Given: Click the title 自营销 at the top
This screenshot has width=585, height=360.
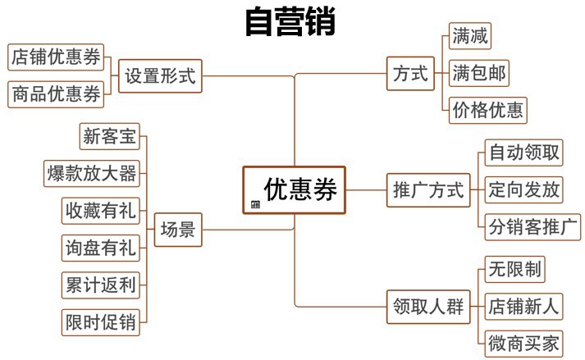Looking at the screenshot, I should pyautogui.click(x=290, y=22).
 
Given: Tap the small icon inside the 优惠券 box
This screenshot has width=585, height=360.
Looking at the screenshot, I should pyautogui.click(x=255, y=204).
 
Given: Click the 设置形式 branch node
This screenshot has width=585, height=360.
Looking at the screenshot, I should pyautogui.click(x=160, y=76).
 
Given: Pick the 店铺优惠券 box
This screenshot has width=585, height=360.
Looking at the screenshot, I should pyautogui.click(x=56, y=57).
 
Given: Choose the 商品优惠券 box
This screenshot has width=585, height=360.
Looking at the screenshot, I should pyautogui.click(x=56, y=94).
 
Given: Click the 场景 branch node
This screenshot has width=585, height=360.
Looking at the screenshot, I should pyautogui.click(x=177, y=230).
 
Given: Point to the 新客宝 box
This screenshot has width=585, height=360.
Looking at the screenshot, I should pyautogui.click(x=110, y=136).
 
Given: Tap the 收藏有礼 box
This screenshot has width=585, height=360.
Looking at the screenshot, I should pyautogui.click(x=101, y=210).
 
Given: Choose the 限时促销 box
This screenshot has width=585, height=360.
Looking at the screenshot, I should pyautogui.click(x=101, y=321).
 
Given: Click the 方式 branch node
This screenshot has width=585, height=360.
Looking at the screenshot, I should pyautogui.click(x=410, y=75).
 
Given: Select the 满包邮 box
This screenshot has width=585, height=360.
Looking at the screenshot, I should pyautogui.click(x=479, y=73).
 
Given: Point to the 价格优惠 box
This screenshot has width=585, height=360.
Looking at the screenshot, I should pyautogui.click(x=488, y=110).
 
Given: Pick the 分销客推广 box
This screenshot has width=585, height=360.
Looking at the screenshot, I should pyautogui.click(x=532, y=226).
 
